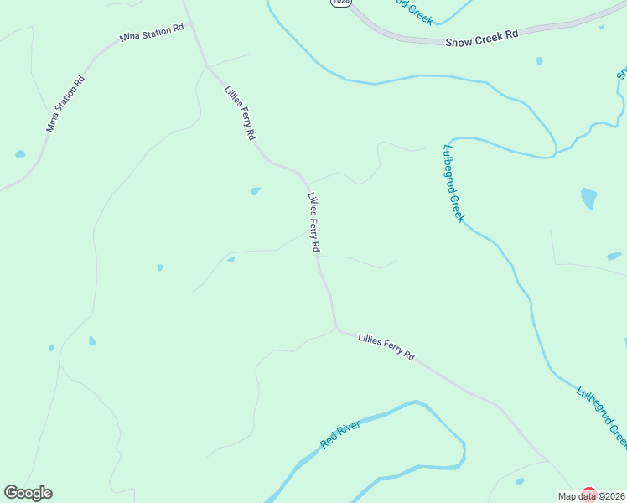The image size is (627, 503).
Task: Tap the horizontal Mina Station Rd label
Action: point(152,34)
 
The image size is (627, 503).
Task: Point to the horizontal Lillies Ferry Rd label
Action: point(386,345)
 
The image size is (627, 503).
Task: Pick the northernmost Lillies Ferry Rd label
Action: point(240,112)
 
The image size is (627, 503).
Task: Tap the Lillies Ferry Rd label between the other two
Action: point(313,223)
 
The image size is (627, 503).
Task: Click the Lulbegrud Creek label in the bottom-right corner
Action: point(602,414)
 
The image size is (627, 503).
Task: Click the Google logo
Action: point(28,493)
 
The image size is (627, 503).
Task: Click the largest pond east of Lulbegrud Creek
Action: point(589,199)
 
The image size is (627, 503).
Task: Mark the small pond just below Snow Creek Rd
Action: point(539,60)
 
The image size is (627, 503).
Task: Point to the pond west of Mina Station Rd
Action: point(20,154)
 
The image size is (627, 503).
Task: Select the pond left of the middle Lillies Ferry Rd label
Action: point(255,191)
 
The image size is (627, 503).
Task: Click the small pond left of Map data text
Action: point(520,481)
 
